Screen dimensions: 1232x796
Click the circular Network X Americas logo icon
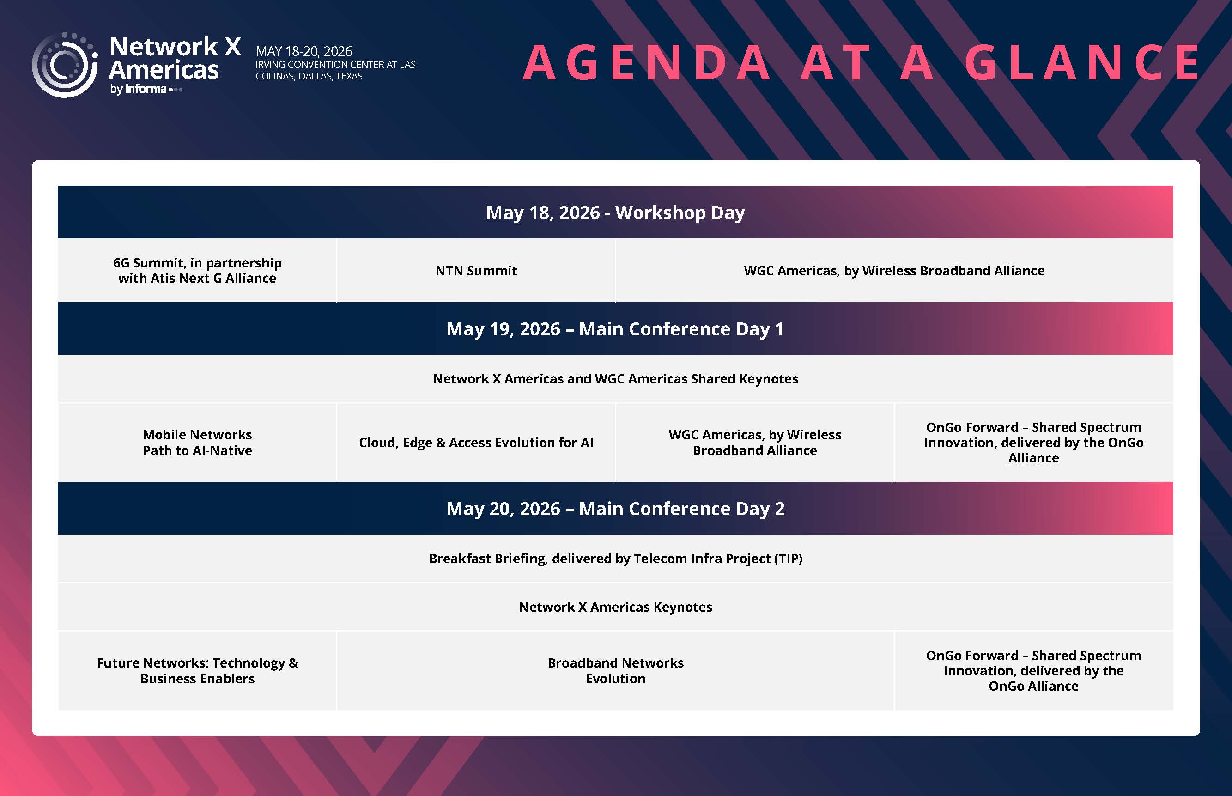click(65, 65)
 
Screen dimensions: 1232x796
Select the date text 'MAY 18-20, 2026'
click(304, 51)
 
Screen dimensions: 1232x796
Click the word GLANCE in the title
click(1082, 62)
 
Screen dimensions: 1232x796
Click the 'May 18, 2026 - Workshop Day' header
click(615, 213)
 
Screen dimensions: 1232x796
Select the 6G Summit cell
click(197, 270)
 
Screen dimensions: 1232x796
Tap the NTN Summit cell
click(476, 270)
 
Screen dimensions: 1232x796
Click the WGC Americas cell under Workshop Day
click(894, 270)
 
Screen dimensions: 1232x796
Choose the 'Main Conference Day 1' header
click(615, 329)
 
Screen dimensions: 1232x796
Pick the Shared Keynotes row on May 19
click(615, 379)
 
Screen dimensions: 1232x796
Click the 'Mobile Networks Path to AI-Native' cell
click(197, 443)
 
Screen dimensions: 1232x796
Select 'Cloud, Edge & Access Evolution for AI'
click(476, 443)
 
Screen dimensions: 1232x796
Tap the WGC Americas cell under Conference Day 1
click(755, 443)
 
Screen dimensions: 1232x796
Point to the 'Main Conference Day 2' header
click(615, 509)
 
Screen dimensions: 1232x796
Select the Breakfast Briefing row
click(615, 559)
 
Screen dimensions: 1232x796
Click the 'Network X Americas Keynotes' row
click(615, 607)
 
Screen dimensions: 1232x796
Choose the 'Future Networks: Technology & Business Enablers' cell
click(197, 671)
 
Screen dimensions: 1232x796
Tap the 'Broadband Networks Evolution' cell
click(615, 671)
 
